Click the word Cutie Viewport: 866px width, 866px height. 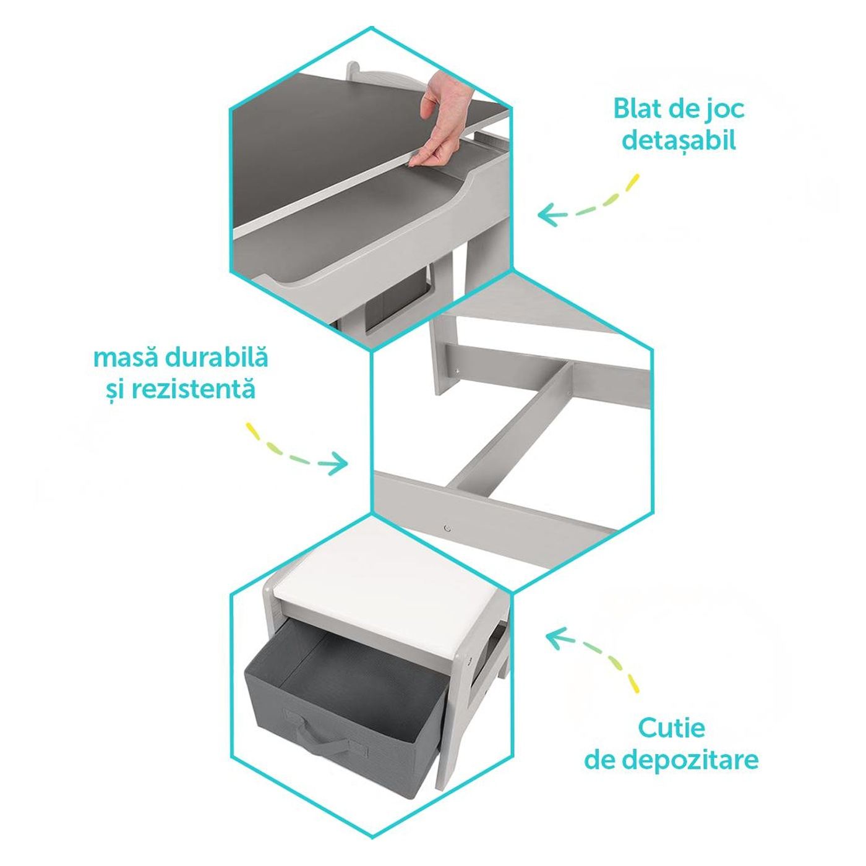pyautogui.click(x=671, y=728)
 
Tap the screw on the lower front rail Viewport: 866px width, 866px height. pyautogui.click(x=446, y=528)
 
